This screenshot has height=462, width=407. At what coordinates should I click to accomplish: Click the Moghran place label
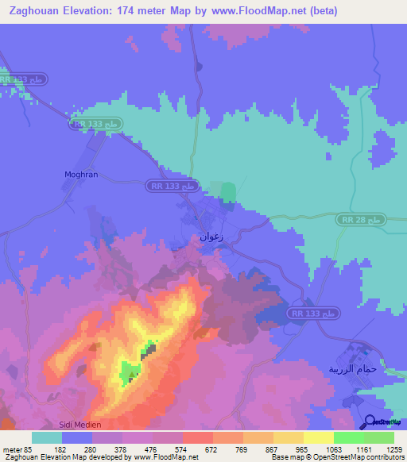(81, 174)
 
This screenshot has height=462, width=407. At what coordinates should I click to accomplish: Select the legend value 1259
(393, 449)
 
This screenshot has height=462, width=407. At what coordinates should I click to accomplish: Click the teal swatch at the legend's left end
(46, 437)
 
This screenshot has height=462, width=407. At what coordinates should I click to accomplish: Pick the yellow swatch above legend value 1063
(318, 437)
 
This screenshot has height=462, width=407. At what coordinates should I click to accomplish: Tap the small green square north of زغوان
(228, 191)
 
